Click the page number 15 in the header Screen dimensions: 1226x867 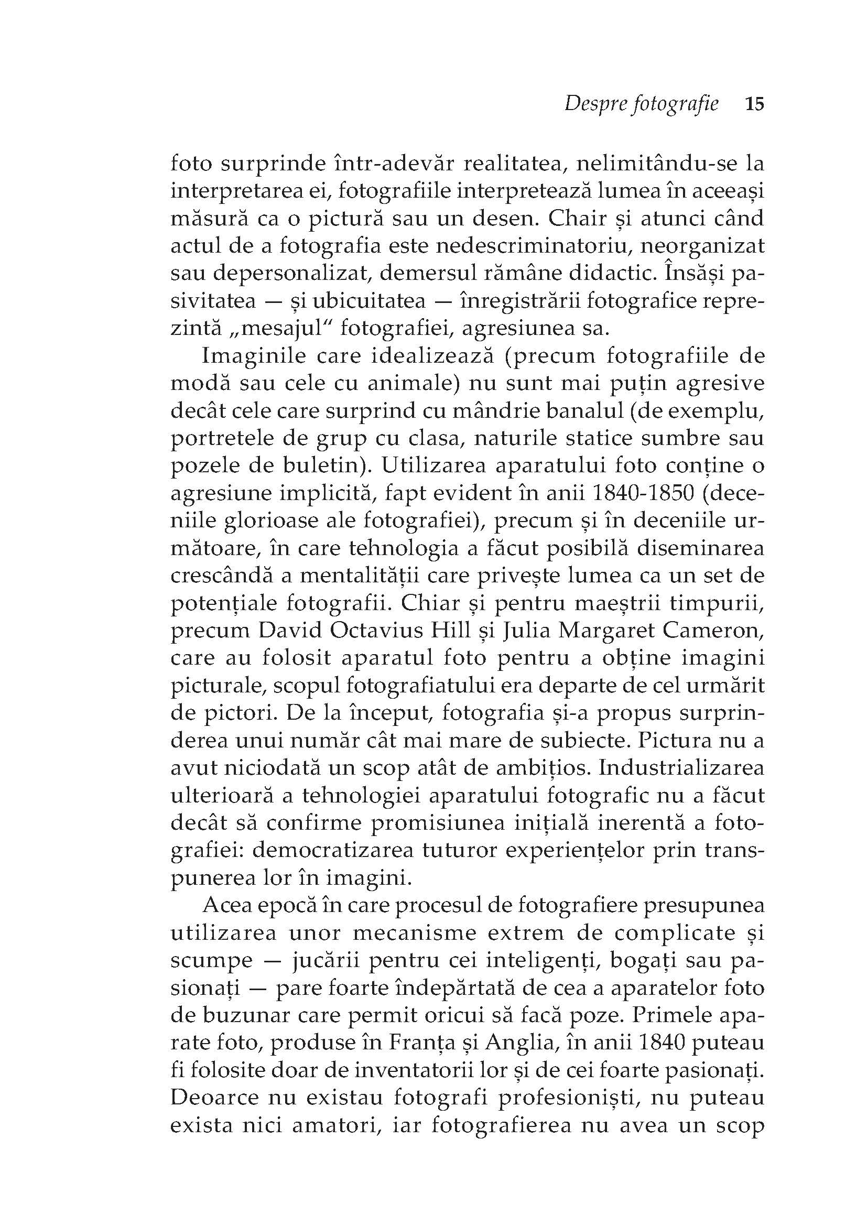754,104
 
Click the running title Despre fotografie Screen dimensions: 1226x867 641,104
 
